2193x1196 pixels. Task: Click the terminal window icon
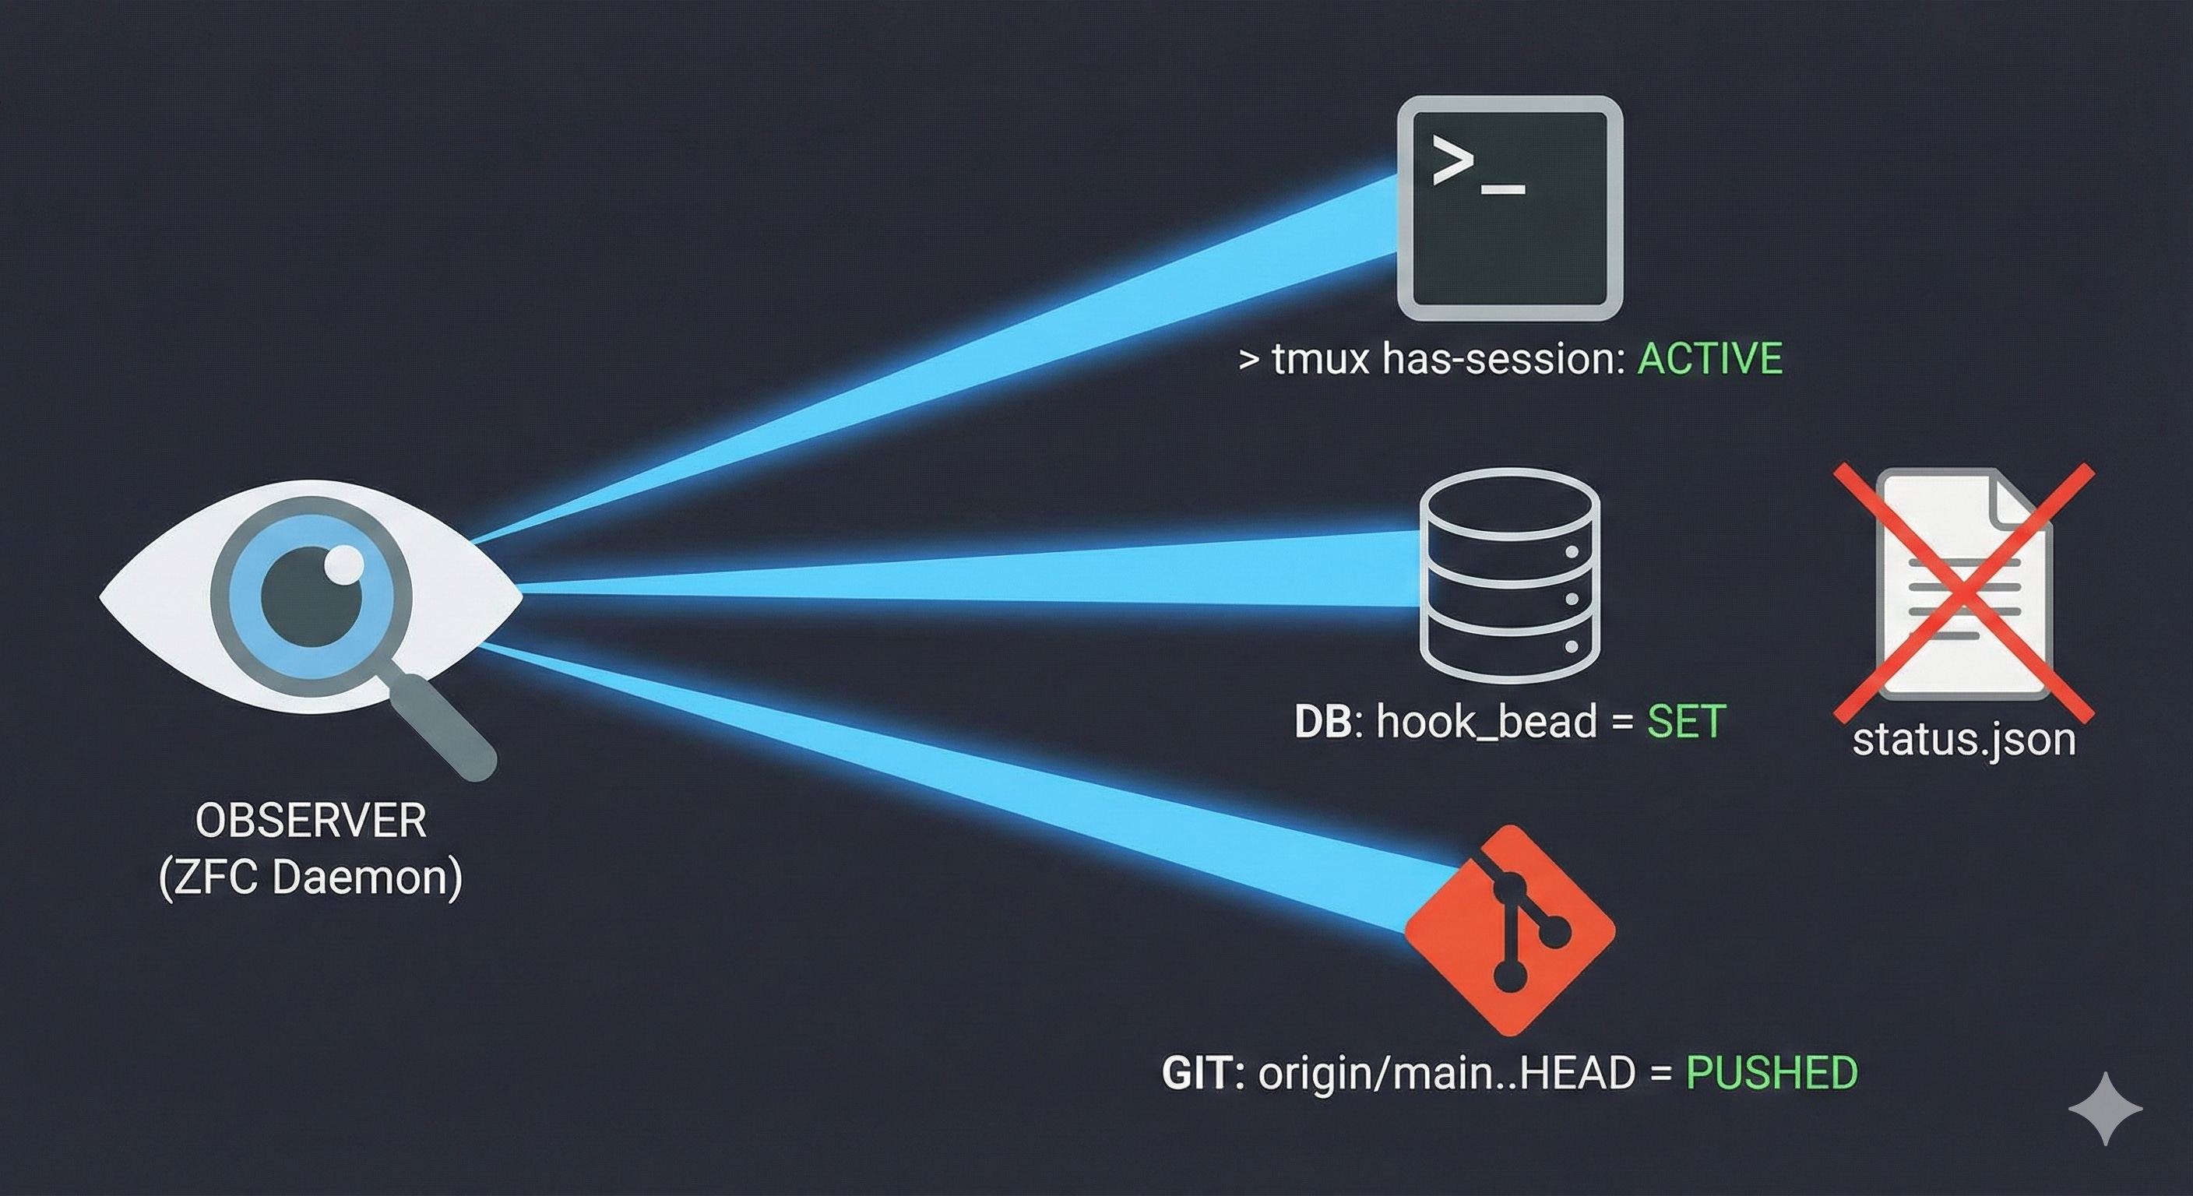coord(1509,209)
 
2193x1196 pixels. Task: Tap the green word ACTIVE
coord(1709,358)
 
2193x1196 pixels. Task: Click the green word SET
coord(1687,722)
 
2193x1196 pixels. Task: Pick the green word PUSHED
coord(1772,1072)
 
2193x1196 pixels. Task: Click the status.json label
coord(1964,739)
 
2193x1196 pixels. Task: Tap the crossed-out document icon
coord(1963,587)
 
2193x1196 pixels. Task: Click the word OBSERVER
coord(311,821)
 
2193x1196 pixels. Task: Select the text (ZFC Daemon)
coord(311,877)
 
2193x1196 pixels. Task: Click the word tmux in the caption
coord(1321,358)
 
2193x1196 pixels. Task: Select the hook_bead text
coord(1487,722)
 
